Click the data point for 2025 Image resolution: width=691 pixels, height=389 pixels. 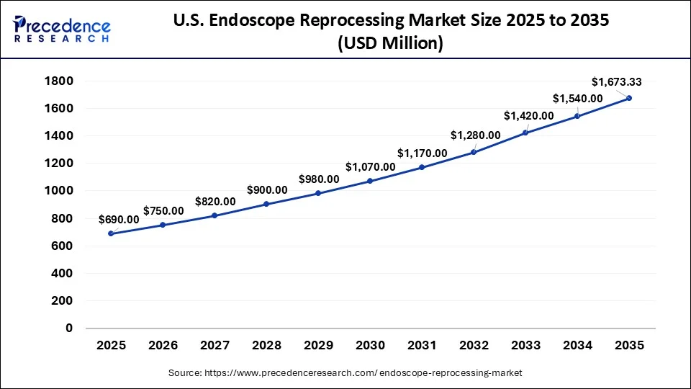(111, 233)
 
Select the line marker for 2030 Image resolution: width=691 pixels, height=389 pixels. (370, 181)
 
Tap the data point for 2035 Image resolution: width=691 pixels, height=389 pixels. (629, 98)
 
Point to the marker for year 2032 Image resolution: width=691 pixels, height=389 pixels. (474, 152)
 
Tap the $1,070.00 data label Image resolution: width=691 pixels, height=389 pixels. (370, 166)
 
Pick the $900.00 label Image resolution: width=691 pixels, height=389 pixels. (267, 189)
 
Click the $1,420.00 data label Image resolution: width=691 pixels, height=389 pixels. (528, 115)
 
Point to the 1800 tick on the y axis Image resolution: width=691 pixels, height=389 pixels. (59, 81)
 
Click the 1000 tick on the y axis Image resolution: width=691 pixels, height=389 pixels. (59, 191)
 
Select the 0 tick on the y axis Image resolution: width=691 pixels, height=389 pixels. (69, 328)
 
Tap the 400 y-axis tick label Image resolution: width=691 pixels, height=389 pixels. (63, 274)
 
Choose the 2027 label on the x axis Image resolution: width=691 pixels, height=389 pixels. (214, 346)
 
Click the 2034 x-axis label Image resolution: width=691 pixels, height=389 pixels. (577, 346)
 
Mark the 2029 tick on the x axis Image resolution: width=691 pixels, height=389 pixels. (318, 346)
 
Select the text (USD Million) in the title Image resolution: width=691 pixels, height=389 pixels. (391, 43)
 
